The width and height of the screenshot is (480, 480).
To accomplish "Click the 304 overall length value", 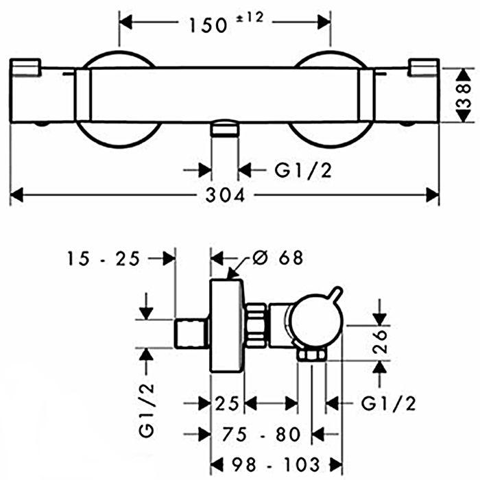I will click(226, 195).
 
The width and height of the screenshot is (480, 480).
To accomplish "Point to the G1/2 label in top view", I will click(303, 170).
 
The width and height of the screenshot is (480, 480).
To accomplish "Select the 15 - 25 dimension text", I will click(104, 259).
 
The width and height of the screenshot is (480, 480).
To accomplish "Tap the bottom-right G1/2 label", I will click(388, 403).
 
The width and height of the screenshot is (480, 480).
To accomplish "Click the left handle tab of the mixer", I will click(26, 67).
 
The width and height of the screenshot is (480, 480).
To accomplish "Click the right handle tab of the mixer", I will click(423, 67).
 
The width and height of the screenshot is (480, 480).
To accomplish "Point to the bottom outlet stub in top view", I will click(224, 128).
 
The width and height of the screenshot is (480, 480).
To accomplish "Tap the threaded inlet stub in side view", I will click(193, 333).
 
